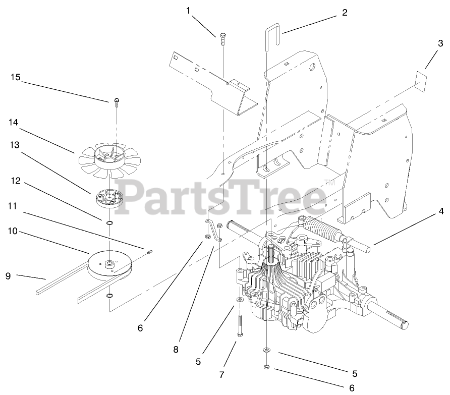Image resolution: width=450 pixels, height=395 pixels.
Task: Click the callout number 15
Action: click(15, 77)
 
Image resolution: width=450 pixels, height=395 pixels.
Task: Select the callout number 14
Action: click(13, 122)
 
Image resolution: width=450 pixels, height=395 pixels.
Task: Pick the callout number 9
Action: click(8, 276)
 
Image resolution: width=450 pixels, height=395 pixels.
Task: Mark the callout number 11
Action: click(13, 206)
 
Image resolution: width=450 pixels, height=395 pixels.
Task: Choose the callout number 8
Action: click(176, 348)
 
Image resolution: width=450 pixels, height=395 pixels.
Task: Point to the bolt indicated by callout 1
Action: click(223, 38)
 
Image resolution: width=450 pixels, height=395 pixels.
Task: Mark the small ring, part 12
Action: click(109, 223)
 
